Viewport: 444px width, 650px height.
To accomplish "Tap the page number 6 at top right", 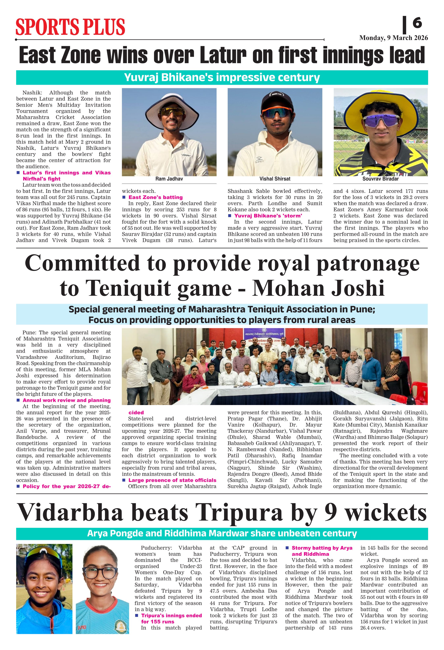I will point(417,23).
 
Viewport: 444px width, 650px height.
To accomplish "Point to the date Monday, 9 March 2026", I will point(393,38).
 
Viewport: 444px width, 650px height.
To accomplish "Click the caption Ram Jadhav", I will point(169,179).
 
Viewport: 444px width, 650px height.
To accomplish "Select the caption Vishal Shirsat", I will point(275,179).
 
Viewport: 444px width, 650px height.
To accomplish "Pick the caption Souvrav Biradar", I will point(381,179).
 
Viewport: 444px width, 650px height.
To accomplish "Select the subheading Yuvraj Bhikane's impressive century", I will point(222,78).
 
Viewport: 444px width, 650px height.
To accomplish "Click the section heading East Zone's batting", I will point(156,197).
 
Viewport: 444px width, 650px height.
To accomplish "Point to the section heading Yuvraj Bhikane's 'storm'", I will point(268,216).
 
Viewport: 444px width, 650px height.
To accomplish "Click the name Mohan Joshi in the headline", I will point(318,288).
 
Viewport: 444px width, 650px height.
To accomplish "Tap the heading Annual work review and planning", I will point(67,400).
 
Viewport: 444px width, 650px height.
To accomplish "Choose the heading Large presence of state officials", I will point(172,480).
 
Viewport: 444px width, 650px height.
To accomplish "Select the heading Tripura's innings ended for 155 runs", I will point(171,618).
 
